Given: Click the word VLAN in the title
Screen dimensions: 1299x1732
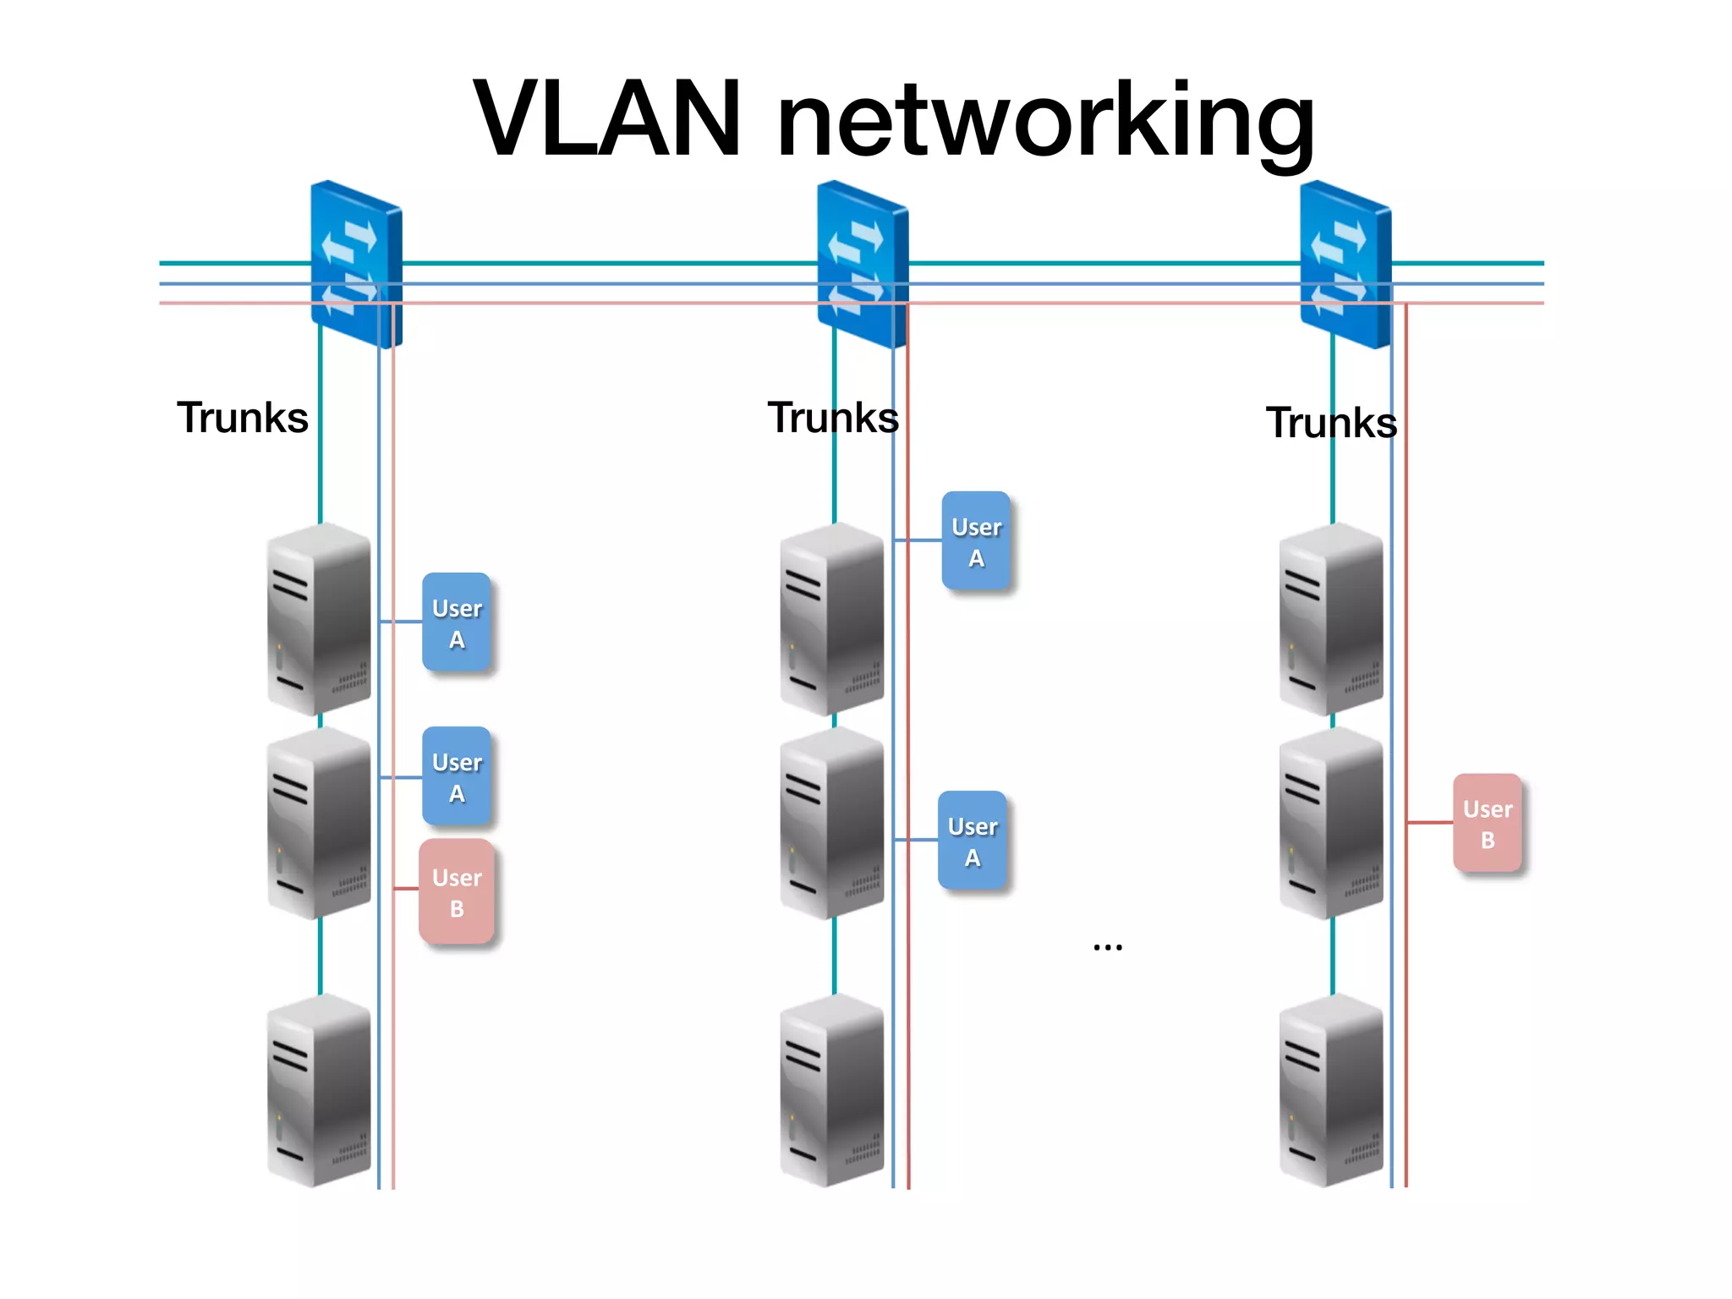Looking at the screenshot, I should tap(607, 118).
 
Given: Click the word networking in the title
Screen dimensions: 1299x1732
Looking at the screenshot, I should tap(1045, 123).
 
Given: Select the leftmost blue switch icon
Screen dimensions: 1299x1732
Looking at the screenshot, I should tap(356, 264).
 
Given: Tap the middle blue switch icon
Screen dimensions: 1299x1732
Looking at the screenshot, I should tap(863, 264).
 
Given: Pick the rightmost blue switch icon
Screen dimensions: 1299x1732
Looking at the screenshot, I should tap(1345, 264).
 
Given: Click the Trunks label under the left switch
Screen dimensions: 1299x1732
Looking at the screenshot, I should tap(243, 418).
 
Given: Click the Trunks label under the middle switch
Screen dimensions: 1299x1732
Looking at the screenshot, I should tap(832, 418).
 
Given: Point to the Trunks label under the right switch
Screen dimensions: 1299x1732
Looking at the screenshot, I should tap(1331, 423).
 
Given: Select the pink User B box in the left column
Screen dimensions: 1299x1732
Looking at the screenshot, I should tap(457, 892).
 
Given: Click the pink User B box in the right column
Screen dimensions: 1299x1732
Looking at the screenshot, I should tap(1487, 824).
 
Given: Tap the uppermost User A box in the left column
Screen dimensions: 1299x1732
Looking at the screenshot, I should tap(457, 623).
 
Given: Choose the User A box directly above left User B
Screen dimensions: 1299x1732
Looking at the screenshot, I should tap(457, 777).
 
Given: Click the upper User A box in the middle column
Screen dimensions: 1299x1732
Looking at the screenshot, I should tap(976, 541).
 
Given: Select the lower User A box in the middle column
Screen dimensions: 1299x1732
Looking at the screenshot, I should tap(973, 841).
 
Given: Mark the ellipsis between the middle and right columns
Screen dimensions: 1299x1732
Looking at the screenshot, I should tap(1107, 946).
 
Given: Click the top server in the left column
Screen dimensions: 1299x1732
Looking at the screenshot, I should tap(319, 620).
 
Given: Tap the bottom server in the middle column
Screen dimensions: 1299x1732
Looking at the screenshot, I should tap(832, 1091).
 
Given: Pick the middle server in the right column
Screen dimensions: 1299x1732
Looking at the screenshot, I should tap(1331, 823).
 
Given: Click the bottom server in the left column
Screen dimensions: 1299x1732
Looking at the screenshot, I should tap(319, 1091).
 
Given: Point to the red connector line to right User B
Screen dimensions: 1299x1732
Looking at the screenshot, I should tap(1430, 822).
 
